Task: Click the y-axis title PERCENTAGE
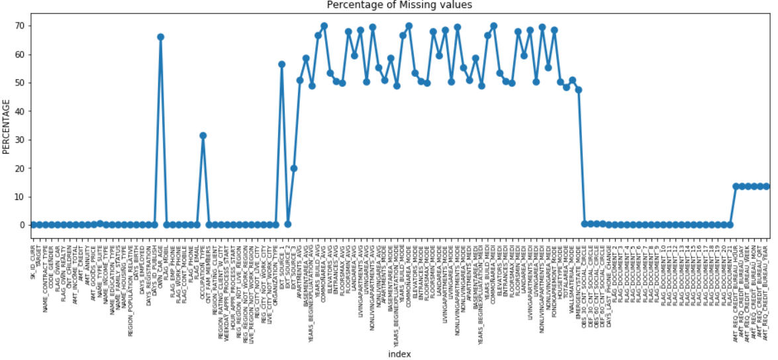click(7, 126)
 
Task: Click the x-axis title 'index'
click(399, 354)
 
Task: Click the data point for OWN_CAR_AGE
click(160, 37)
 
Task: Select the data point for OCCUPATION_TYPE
click(203, 136)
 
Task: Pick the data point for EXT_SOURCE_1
click(281, 64)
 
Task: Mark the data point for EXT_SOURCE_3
click(293, 168)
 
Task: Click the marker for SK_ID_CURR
click(33, 225)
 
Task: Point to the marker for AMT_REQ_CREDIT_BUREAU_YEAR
click(766, 186)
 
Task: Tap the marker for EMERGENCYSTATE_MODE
click(578, 90)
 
